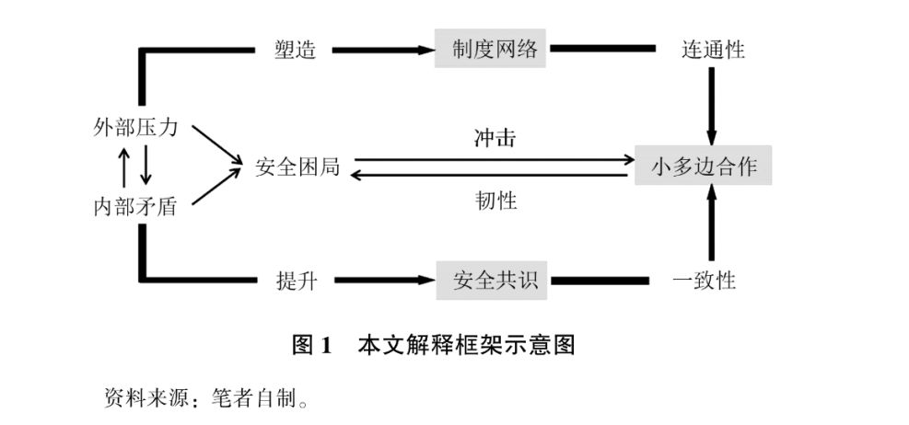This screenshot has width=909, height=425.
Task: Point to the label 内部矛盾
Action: pyautogui.click(x=135, y=206)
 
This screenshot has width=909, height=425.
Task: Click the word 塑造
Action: pyautogui.click(x=296, y=50)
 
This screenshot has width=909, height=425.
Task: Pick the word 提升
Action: pyautogui.click(x=296, y=281)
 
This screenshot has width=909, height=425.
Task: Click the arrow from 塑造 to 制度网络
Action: pyautogui.click(x=382, y=50)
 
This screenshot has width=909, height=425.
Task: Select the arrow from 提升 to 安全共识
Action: pyautogui.click(x=382, y=280)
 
